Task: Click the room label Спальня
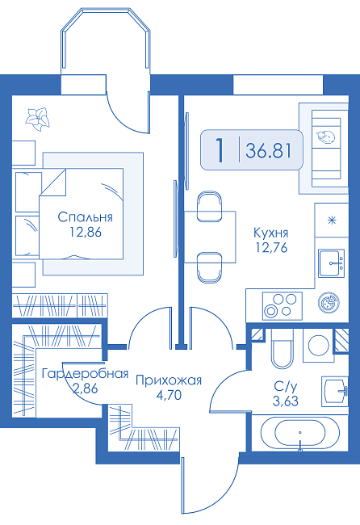[85, 217]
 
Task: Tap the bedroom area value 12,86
[86, 232]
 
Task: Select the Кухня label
[271, 233]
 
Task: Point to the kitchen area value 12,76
[271, 247]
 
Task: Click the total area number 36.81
[268, 150]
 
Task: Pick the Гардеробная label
[85, 374]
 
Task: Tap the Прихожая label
[169, 380]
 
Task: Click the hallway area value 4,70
[169, 396]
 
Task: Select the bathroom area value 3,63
[285, 401]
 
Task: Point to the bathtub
[299, 434]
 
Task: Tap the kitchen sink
[331, 263]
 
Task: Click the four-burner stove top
[282, 306]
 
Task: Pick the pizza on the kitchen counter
[329, 303]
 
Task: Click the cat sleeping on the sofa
[325, 137]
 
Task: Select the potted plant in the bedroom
[37, 120]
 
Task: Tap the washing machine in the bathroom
[319, 345]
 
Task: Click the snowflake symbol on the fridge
[332, 220]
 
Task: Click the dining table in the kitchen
[210, 237]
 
